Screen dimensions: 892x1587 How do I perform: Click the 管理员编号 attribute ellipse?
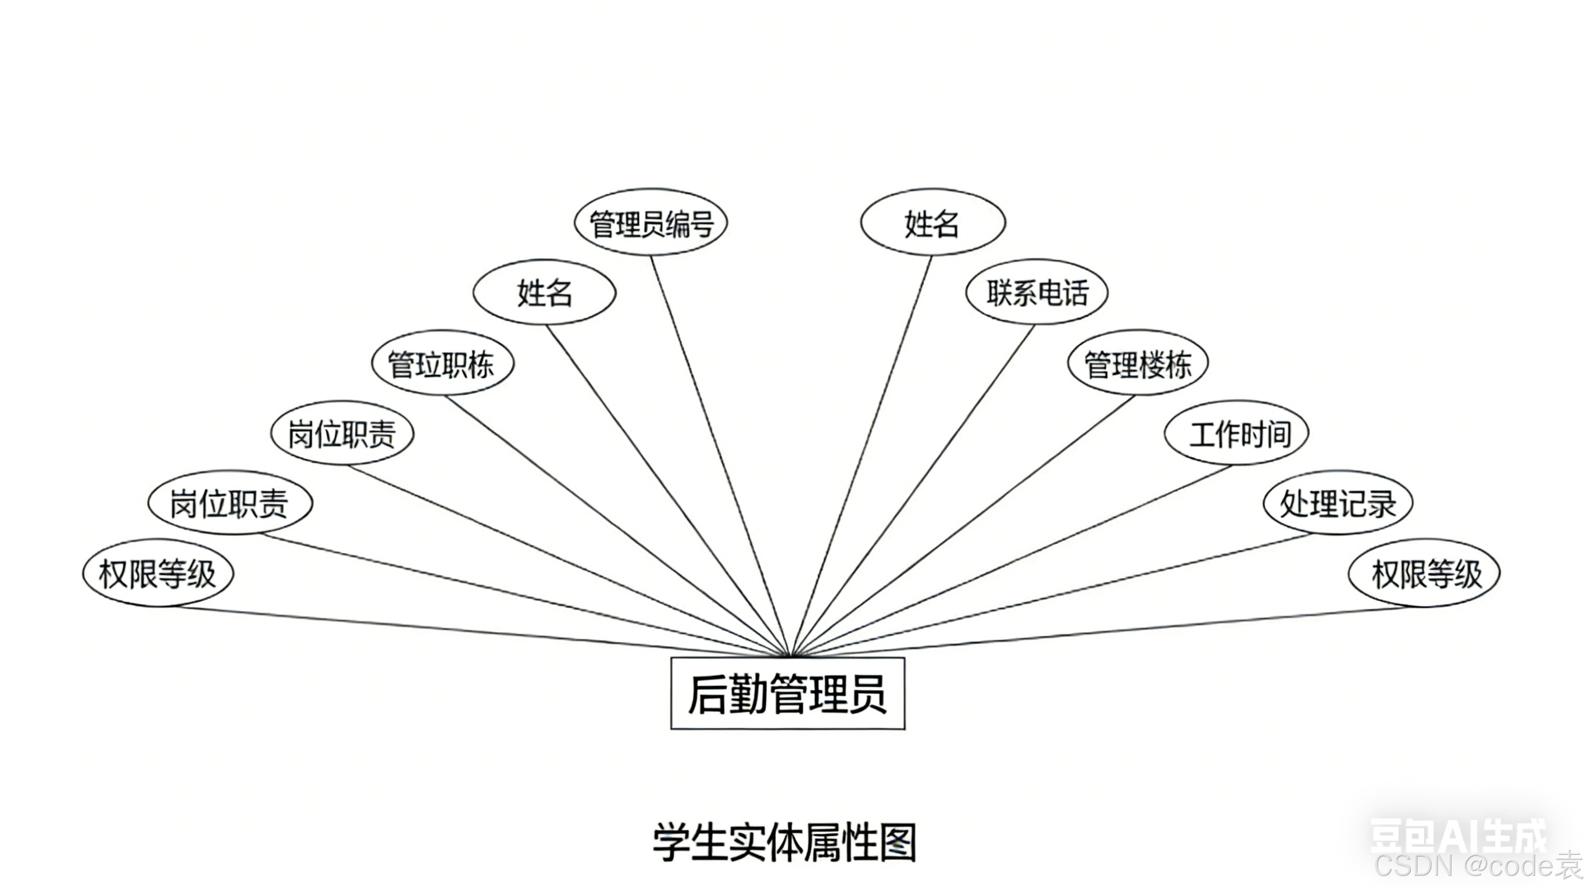(650, 223)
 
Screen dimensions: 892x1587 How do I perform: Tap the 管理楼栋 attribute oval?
(1137, 363)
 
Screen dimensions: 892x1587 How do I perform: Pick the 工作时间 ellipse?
(1236, 434)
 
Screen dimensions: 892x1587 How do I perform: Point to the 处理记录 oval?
(1338, 503)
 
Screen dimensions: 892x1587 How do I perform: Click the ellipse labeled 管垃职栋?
(442, 363)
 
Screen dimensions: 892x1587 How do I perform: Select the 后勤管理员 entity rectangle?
(787, 694)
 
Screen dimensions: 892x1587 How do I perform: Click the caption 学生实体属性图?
(784, 842)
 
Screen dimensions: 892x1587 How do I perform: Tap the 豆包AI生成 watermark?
(1457, 835)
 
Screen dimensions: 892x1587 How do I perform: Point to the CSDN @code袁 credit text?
(1478, 866)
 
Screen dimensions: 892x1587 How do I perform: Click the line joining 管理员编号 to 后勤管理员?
(718, 450)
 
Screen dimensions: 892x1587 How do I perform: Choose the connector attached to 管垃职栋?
(616, 524)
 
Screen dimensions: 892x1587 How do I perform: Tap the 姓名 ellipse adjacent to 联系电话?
(933, 223)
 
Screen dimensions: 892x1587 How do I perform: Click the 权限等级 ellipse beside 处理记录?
(1424, 574)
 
